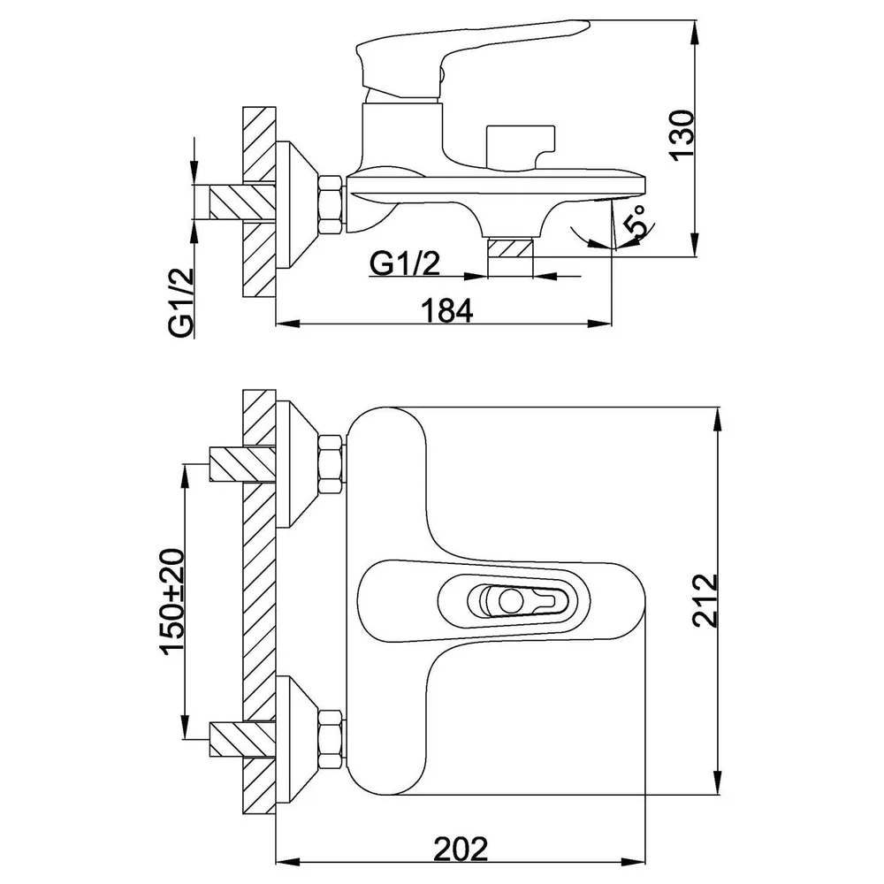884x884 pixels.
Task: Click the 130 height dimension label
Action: [682, 135]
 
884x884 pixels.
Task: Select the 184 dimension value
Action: [447, 310]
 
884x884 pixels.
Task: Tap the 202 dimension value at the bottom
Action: [461, 849]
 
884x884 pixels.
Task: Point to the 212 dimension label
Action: [705, 600]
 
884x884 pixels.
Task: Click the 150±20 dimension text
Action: [172, 600]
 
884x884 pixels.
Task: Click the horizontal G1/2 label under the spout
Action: [405, 263]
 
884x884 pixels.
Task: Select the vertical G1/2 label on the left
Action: [181, 302]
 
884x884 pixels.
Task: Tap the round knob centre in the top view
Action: [511, 601]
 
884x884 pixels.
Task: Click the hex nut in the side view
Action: [331, 204]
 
